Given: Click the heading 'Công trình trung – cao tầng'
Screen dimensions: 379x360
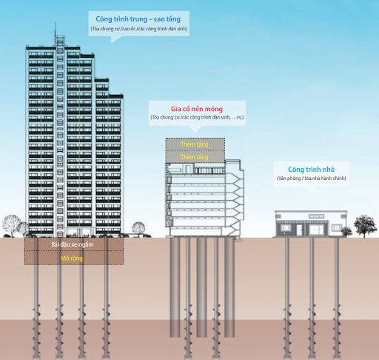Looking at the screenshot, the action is click(138, 19).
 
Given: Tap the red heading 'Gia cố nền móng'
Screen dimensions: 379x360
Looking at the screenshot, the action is click(197, 109).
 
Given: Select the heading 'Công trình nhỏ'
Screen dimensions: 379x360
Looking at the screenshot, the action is click(312, 170).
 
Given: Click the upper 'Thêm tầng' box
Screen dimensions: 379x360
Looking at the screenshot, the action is click(195, 144).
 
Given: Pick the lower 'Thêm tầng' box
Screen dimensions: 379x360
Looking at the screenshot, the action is click(195, 156).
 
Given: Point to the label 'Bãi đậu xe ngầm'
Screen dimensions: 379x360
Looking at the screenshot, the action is click(73, 244).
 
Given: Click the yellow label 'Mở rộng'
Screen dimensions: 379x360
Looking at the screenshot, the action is click(72, 259).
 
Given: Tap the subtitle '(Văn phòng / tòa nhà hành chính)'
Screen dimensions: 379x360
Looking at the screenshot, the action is click(311, 179).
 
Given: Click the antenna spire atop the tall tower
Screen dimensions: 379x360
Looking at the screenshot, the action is click(56, 29).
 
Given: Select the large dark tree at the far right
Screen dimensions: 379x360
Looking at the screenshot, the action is click(365, 225).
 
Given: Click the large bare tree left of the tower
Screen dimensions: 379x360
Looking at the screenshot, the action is click(11, 225).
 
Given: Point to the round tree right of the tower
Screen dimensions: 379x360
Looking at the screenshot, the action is click(138, 228).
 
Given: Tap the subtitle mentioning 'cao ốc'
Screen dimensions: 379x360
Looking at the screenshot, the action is click(139, 29).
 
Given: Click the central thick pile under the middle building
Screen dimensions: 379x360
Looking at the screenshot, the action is click(201, 287).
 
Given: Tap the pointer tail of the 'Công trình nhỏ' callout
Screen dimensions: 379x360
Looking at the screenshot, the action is click(312, 190).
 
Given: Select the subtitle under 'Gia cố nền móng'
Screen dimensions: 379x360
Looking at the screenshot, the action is click(197, 117).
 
